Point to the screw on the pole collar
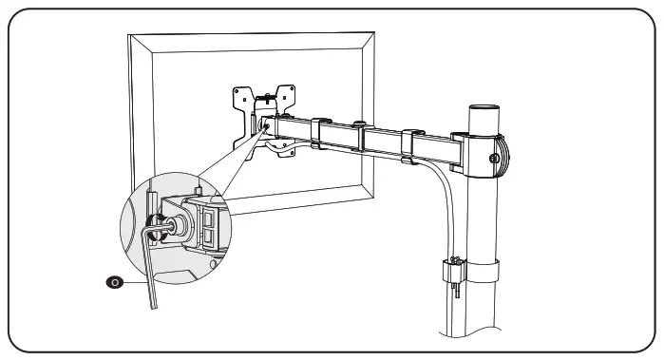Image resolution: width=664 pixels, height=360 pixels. coord(494,158)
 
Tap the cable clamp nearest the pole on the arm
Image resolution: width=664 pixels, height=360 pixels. coord(408,143)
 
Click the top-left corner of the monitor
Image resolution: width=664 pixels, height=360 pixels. coord(129,36)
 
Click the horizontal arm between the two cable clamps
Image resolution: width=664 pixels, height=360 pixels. coord(364,139)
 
